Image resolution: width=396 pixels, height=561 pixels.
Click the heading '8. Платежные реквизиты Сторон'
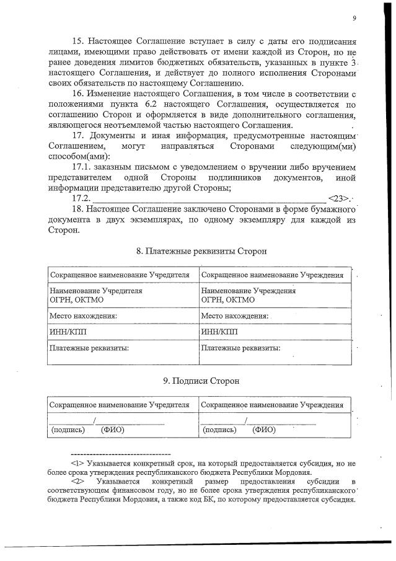coord(201,252)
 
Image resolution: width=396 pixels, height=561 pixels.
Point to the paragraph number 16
coord(79,93)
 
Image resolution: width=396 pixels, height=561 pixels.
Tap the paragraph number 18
coord(79,209)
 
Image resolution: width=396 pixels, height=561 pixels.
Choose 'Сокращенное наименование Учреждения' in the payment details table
coord(273,274)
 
